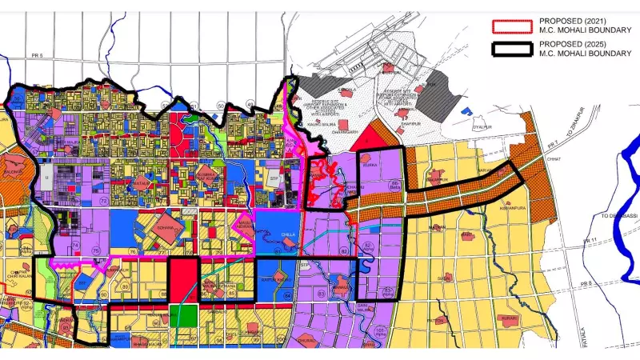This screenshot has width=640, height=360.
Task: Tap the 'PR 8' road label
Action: tap(588, 285)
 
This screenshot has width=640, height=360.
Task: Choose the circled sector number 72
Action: tap(105, 199)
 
